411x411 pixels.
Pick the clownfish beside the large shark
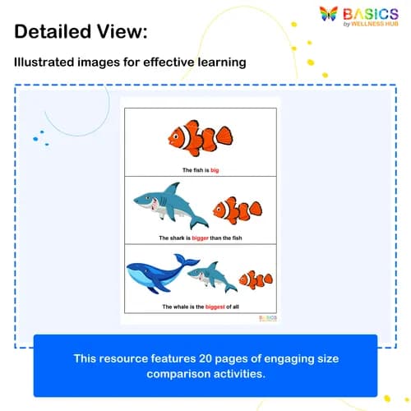237,210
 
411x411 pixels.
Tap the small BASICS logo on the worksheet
268,318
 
